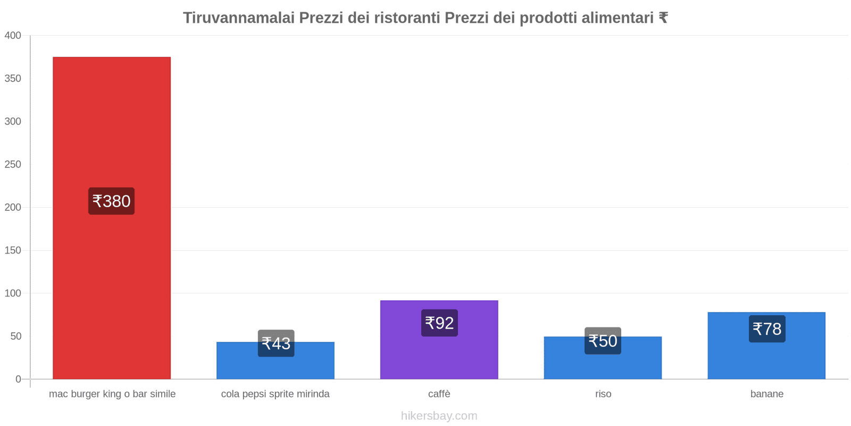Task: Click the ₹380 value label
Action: click(x=111, y=201)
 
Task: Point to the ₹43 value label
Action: click(x=276, y=343)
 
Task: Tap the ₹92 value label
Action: click(x=439, y=323)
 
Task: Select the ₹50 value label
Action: click(x=603, y=341)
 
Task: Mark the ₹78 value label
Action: click(x=767, y=329)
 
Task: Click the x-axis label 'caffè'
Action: click(x=439, y=394)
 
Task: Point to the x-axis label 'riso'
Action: click(x=603, y=394)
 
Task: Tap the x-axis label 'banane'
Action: click(x=767, y=394)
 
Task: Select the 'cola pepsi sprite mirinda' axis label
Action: click(x=276, y=394)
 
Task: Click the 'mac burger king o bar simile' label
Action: click(x=112, y=394)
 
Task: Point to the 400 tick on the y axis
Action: click(x=13, y=36)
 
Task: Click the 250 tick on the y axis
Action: click(x=13, y=165)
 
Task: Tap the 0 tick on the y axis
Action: click(x=18, y=379)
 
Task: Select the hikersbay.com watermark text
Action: click(x=439, y=416)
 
